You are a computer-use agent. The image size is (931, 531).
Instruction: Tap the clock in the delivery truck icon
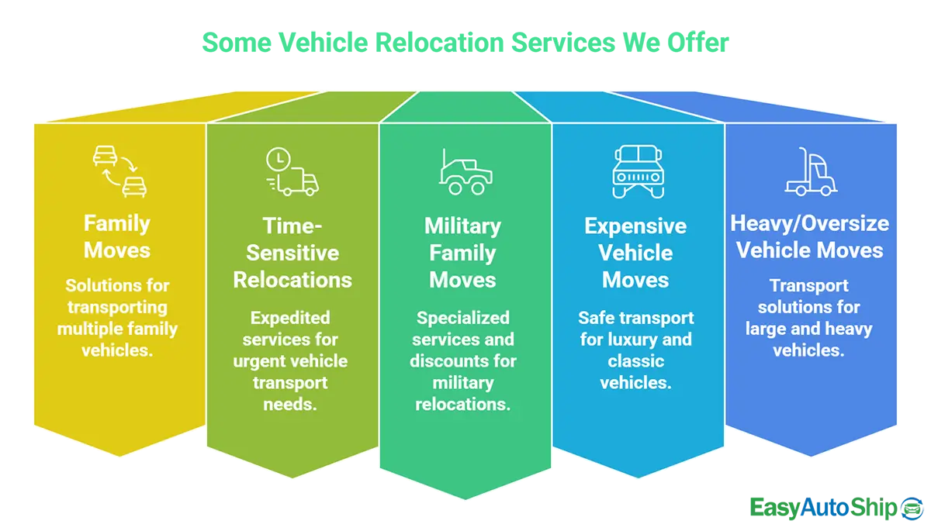click(277, 159)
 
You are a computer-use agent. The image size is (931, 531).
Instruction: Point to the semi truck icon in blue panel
click(811, 172)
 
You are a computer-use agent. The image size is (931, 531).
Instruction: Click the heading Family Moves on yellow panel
click(117, 237)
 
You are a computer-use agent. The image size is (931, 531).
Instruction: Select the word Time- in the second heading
click(292, 226)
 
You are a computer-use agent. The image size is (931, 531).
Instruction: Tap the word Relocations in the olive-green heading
click(292, 280)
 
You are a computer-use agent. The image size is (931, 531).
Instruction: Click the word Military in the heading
click(462, 226)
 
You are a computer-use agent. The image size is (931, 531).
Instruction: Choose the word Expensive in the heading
click(635, 226)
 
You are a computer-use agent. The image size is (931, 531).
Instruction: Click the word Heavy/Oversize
click(809, 223)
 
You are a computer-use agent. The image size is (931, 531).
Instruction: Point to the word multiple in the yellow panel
click(88, 329)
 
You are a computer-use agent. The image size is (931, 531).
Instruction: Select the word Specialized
click(462, 318)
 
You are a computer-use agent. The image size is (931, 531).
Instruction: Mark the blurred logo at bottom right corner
click(834, 509)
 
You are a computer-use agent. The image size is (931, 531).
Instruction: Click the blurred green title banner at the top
click(465, 43)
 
